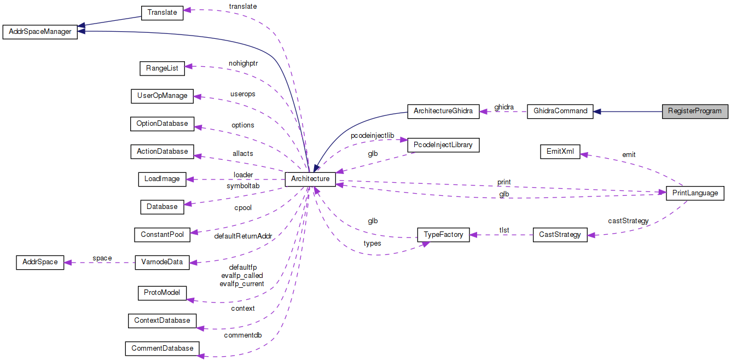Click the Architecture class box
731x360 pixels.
point(310,179)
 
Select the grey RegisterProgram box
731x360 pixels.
point(695,111)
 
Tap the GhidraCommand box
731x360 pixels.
point(560,111)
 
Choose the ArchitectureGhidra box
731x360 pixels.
point(443,111)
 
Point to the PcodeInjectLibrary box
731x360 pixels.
point(443,145)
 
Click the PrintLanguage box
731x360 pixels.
point(695,193)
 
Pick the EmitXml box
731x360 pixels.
point(560,152)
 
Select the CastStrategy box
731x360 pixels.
point(560,235)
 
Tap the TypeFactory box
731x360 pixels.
point(443,235)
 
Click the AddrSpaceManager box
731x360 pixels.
point(40,32)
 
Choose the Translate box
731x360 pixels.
point(162,12)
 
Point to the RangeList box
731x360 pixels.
point(162,68)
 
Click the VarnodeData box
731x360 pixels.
point(162,262)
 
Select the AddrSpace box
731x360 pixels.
point(40,262)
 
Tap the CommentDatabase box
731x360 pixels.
point(162,348)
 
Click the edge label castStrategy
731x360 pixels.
point(628,221)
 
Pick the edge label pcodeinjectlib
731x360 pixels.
point(372,135)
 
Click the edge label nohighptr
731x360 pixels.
point(243,63)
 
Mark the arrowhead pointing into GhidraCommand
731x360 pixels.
point(597,111)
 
